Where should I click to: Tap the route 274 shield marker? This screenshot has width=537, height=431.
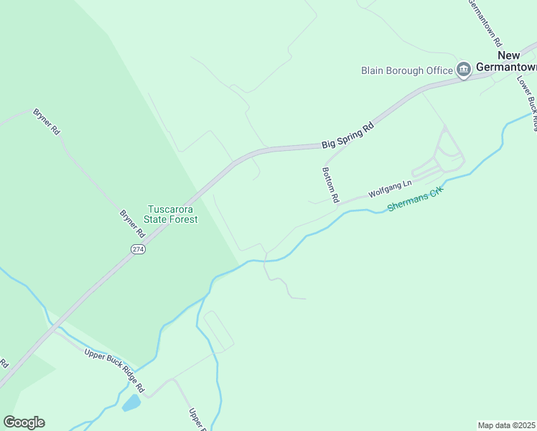[x=139, y=249]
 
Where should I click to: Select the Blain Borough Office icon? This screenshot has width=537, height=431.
[x=464, y=70]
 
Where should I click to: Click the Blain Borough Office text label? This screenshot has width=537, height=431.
[x=406, y=70]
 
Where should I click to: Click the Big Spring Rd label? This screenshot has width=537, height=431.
[x=347, y=134]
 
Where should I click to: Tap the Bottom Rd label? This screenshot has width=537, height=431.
[x=330, y=185]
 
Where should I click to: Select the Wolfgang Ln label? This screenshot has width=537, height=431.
[x=390, y=188]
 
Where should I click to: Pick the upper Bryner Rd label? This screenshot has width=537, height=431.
[x=47, y=122]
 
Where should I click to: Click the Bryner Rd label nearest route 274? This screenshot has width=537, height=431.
[x=133, y=224]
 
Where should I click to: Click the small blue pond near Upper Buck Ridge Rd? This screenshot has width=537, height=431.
[x=131, y=403]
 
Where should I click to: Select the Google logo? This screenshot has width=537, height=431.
[x=24, y=422]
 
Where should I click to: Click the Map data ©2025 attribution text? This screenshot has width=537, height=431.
[x=507, y=425]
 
